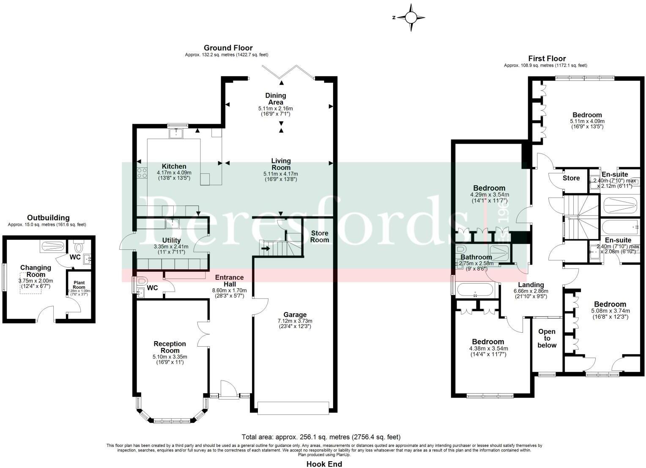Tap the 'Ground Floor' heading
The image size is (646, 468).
pyautogui.click(x=228, y=48)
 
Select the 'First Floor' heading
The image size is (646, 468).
pyautogui.click(x=547, y=58)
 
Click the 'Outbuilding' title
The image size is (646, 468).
pyautogui.click(x=48, y=218)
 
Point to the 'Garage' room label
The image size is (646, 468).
pyautogui.click(x=295, y=315)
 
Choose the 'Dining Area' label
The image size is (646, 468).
pyautogui.click(x=275, y=99)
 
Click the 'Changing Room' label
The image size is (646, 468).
pyautogui.click(x=36, y=271)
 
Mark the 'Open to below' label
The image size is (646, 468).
pyautogui.click(x=547, y=338)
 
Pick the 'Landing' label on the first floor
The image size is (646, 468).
pyautogui.click(x=531, y=285)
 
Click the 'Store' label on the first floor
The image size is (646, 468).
pyautogui.click(x=571, y=178)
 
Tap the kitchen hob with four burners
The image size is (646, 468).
pyautogui.click(x=142, y=172)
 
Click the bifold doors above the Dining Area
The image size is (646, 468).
pyautogui.click(x=281, y=71)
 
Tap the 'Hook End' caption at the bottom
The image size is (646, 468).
pyautogui.click(x=324, y=464)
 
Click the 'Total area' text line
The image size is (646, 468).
pyautogui.click(x=320, y=437)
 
